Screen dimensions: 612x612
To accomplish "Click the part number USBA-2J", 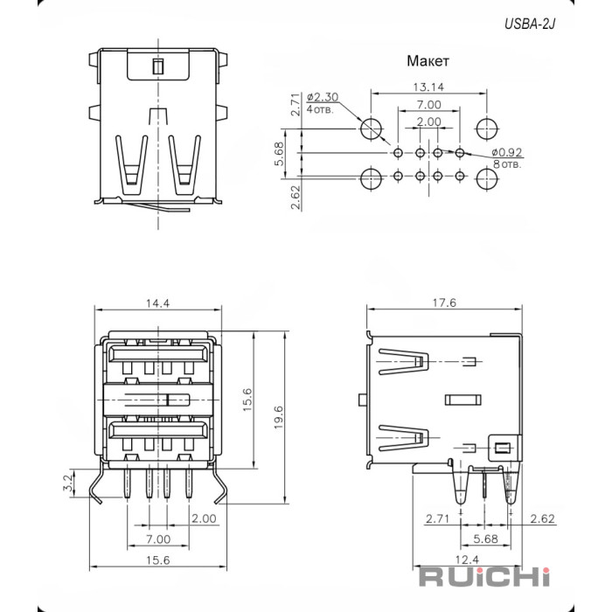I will tap(528, 24).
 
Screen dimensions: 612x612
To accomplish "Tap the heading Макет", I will tap(428, 62).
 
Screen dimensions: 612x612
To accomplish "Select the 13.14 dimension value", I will tap(428, 87).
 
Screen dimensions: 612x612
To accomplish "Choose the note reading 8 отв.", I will tap(509, 163).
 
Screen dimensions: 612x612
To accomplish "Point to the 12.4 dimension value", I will tap(466, 559).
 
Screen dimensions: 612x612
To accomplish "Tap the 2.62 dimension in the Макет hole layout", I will tap(296, 196).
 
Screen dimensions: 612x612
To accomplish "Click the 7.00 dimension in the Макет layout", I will tap(428, 105).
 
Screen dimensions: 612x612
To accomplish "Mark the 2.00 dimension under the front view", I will tap(203, 518).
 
